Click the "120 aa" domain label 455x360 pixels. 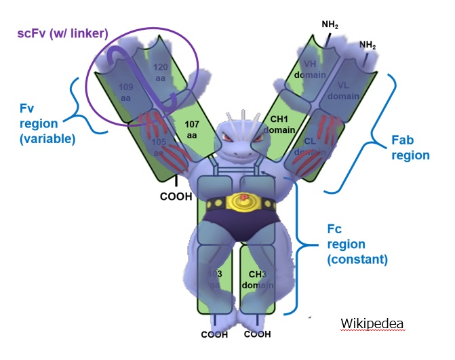point(161,73)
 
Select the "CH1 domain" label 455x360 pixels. point(278,123)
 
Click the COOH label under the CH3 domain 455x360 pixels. point(257,334)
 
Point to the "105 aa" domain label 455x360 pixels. point(159,146)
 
